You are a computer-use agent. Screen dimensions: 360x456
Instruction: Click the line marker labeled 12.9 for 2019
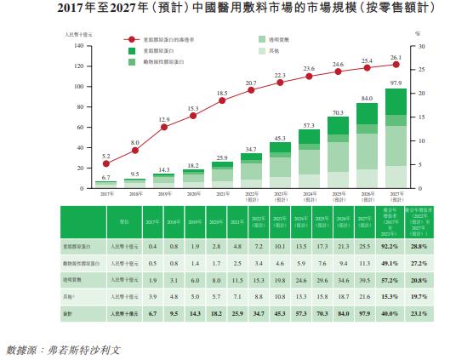pos(164,128)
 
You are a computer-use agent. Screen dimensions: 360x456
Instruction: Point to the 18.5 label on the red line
pos(221,93)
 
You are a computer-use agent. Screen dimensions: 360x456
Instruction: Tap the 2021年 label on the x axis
pos(222,194)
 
